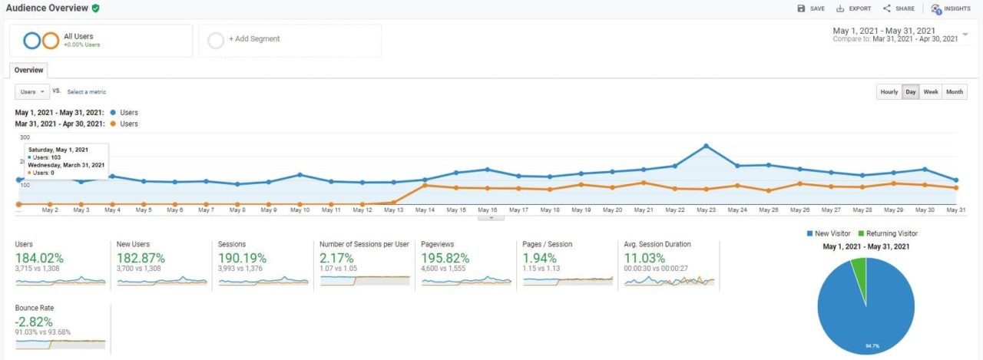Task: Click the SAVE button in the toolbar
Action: (x=811, y=8)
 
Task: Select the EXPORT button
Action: (x=853, y=8)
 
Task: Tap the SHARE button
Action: (x=899, y=8)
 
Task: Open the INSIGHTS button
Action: (x=950, y=8)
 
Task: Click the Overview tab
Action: (x=29, y=70)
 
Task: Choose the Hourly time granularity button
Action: (x=889, y=92)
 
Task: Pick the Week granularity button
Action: (x=931, y=92)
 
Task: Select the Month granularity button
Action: (x=955, y=92)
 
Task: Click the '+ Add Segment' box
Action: (x=290, y=40)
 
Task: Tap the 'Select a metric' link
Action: (x=86, y=92)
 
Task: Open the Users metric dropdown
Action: (x=32, y=92)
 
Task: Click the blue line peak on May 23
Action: (x=706, y=145)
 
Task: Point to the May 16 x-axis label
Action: (x=488, y=210)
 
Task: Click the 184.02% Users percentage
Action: (x=39, y=258)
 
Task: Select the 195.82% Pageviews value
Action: (x=445, y=258)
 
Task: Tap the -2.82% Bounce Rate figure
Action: (x=34, y=321)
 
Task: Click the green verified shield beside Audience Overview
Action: (x=95, y=8)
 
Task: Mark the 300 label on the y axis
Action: (x=24, y=137)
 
